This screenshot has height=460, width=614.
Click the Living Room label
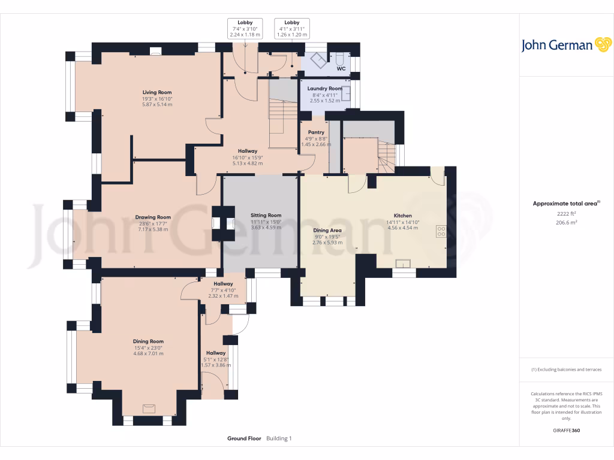pos(157,92)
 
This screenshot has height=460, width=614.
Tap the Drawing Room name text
pos(153,217)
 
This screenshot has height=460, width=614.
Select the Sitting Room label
pos(266,215)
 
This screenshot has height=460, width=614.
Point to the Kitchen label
pos(402,216)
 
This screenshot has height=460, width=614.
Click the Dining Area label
pos(327,231)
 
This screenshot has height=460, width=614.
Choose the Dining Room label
pos(149,341)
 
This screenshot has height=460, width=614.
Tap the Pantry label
pos(316,132)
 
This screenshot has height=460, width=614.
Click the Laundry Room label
pos(324,89)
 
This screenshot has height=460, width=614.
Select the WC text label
pos(341,69)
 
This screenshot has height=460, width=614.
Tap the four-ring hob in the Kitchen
pos(441,231)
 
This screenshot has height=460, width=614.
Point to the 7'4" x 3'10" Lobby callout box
pos(245,29)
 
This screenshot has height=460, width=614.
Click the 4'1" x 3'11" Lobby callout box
pos(292,29)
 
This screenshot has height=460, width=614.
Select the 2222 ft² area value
pos(566,214)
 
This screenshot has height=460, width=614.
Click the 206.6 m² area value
pos(566,223)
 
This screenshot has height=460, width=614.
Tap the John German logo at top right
pos(566,45)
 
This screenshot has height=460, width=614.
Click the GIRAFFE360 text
pos(566,430)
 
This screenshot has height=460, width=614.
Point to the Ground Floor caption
pos(244,438)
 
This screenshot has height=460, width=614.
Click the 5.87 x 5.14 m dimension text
pos(157,104)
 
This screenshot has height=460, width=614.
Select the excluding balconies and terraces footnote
pos(566,369)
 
